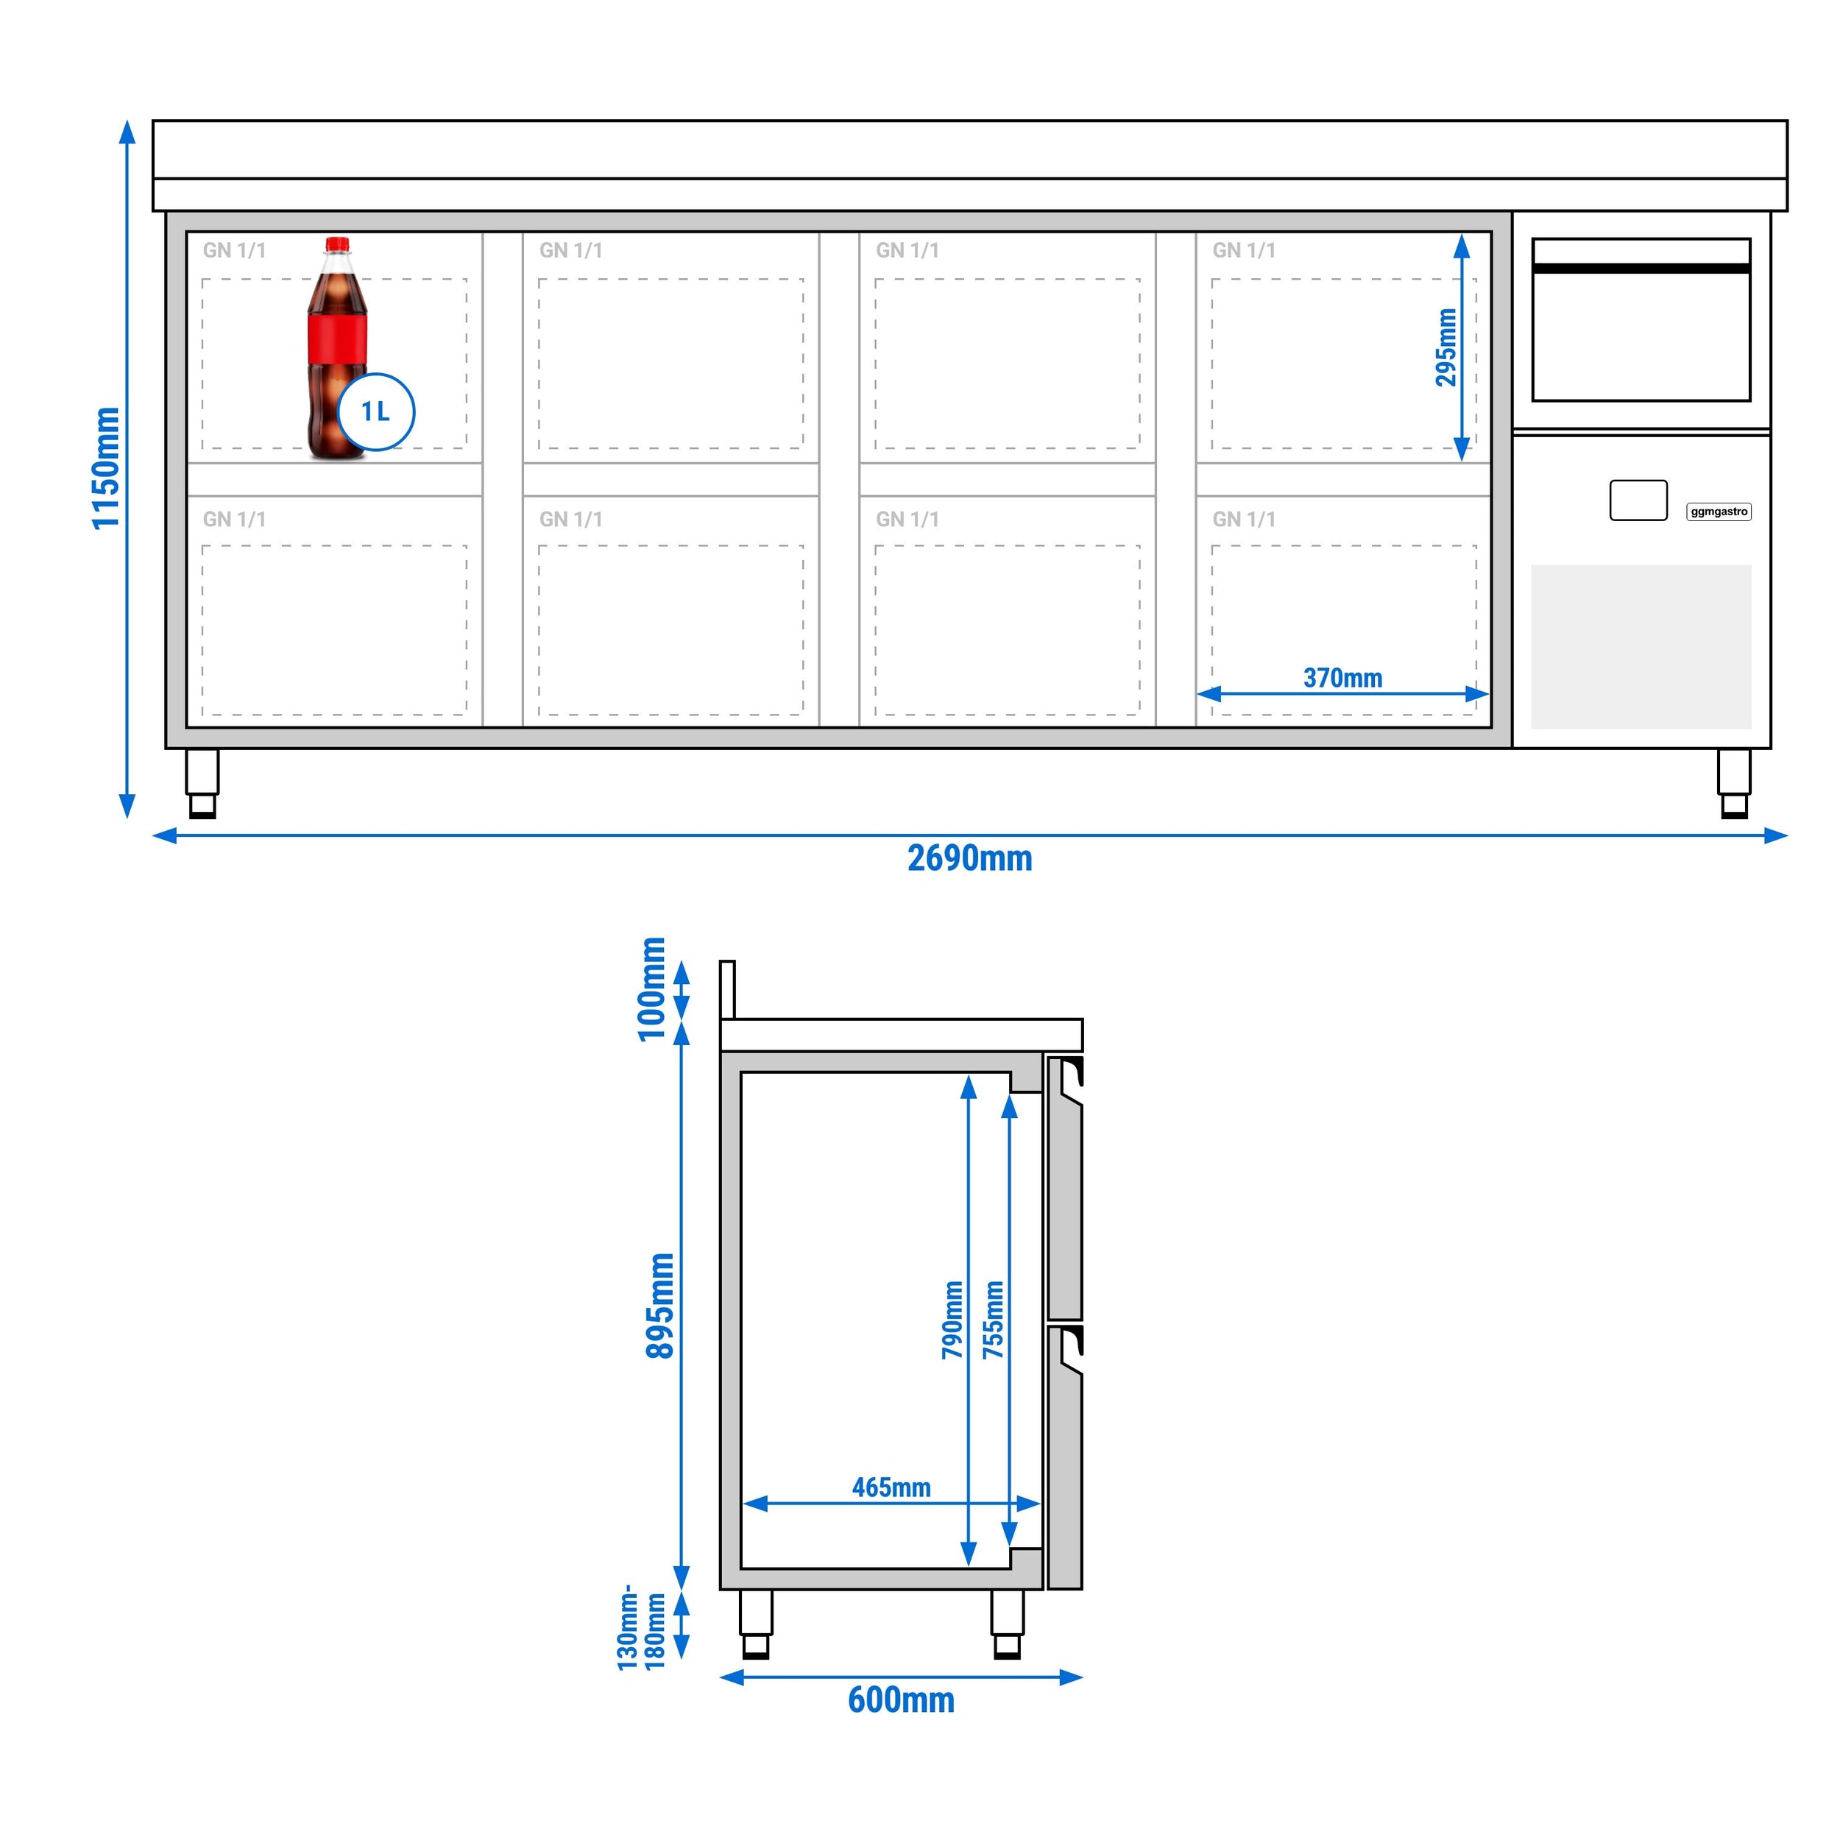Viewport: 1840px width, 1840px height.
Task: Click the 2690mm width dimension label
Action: coord(969,859)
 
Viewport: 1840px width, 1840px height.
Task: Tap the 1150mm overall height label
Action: coord(106,467)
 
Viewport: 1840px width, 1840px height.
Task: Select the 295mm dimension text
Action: coord(1446,347)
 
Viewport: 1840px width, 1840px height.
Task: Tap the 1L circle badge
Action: coord(376,411)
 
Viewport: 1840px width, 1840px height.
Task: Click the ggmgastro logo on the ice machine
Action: coord(1719,512)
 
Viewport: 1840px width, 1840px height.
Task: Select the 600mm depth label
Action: coord(901,1700)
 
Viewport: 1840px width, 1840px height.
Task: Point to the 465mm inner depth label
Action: coord(891,1487)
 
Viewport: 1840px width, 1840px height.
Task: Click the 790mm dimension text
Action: coord(952,1319)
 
